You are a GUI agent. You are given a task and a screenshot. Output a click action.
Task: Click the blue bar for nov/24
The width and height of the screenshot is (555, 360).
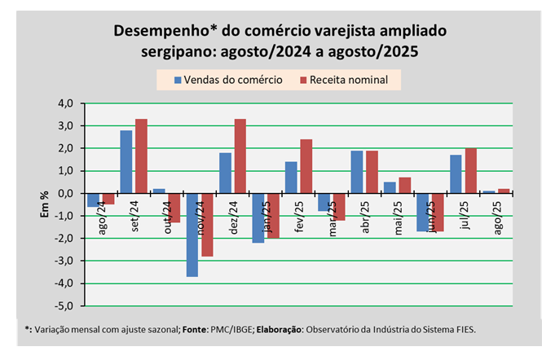(x=192, y=235)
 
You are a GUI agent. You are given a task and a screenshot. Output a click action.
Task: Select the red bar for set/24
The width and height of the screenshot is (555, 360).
(x=141, y=156)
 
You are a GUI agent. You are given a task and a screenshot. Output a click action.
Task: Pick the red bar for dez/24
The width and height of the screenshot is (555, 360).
(x=240, y=156)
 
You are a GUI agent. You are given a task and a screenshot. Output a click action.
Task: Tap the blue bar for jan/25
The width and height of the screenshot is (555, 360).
(x=258, y=217)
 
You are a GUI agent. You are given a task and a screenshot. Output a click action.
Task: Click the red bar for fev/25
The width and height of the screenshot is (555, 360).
(x=306, y=166)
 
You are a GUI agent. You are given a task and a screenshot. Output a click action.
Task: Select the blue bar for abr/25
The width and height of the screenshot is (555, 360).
(x=357, y=172)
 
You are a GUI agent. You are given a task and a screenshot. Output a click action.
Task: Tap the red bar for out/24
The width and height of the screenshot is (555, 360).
(x=174, y=208)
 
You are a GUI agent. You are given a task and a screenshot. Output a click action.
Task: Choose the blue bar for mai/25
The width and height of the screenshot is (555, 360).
(x=390, y=187)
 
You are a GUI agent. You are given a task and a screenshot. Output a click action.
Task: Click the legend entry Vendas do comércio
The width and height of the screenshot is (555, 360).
(x=233, y=79)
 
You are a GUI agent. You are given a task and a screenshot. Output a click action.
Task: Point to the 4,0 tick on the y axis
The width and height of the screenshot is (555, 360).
(x=64, y=103)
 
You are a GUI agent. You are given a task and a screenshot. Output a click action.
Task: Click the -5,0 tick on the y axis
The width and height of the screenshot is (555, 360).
(x=64, y=306)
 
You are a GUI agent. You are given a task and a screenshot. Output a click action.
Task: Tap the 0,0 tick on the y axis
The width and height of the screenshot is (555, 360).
(x=64, y=194)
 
